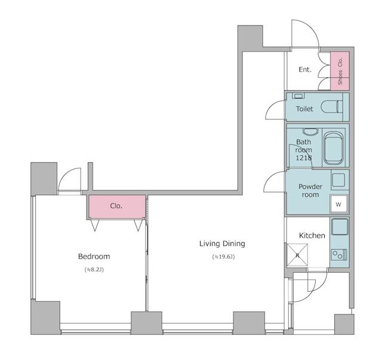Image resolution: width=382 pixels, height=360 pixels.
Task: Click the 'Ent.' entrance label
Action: [305, 70]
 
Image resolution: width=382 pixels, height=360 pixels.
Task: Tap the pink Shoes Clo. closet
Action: [340, 70]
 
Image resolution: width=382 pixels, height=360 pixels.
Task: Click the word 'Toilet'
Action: [304, 109]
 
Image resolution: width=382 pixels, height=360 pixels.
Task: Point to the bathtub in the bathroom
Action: [335, 149]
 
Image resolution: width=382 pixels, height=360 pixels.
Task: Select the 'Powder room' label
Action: [310, 190]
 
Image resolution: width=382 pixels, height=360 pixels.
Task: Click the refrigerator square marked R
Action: [297, 256]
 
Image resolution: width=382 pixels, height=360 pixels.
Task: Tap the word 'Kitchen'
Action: [312, 236]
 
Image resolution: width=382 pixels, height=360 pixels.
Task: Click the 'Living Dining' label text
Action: [222, 244]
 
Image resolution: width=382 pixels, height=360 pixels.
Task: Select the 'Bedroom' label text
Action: [94, 256]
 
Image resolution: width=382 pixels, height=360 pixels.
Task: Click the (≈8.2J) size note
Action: [94, 270]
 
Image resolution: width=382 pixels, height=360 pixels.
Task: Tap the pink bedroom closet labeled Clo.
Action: [117, 207]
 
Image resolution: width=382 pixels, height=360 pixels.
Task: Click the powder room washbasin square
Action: [338, 179]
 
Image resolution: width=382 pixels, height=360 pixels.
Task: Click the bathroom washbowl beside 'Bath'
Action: [309, 131]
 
